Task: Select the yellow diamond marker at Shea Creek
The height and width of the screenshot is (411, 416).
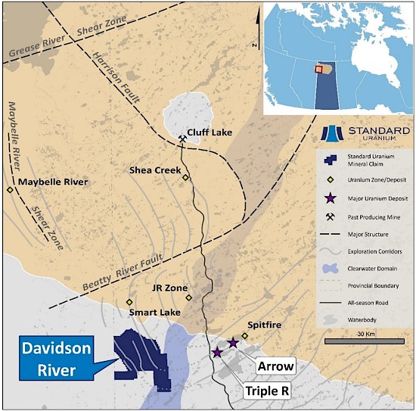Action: (185, 178)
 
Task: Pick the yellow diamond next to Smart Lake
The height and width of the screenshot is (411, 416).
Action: (129, 302)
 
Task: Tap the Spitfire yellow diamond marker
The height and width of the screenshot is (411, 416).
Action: (244, 335)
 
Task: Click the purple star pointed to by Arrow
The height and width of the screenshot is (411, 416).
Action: (233, 344)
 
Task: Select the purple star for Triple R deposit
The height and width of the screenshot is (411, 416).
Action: (217, 353)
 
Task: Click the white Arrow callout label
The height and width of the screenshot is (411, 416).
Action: (275, 366)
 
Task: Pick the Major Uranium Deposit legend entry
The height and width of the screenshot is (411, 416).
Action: (362, 199)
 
